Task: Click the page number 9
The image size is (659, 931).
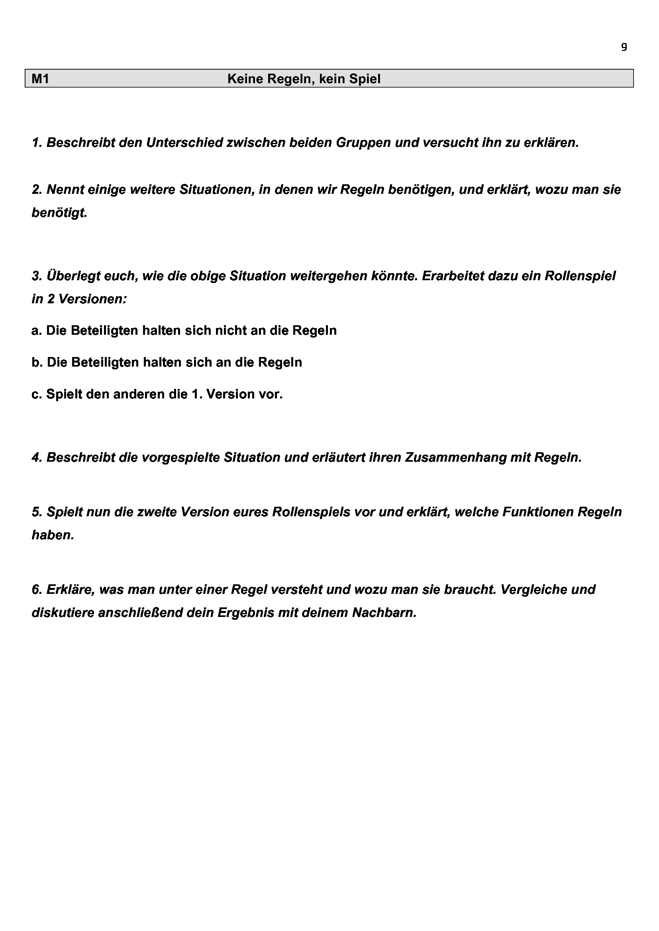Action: pos(624,47)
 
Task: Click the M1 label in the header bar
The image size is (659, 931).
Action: pos(40,79)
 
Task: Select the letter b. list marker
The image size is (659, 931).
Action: pos(37,362)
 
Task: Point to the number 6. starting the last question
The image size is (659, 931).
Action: pos(37,589)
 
